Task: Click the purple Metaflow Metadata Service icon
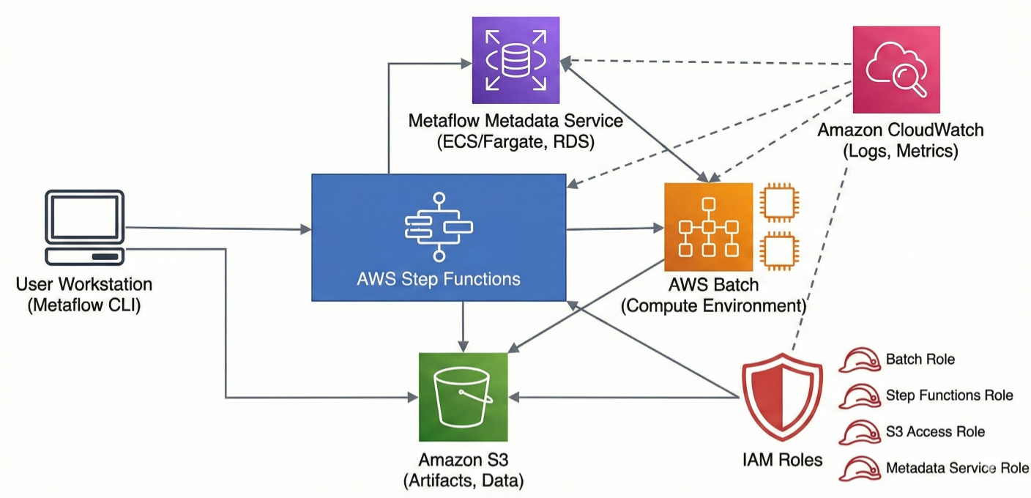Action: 516,60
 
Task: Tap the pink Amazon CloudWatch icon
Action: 896,70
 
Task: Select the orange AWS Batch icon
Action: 708,227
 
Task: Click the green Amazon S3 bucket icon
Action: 463,397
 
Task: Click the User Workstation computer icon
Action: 84,228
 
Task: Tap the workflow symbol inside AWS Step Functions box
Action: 439,227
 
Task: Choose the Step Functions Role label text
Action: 949,395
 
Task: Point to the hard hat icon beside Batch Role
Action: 859,360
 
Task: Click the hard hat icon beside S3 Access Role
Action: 859,432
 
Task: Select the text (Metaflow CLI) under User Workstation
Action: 84,305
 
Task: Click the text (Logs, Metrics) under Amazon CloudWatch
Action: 900,152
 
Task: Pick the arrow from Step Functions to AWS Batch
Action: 615,229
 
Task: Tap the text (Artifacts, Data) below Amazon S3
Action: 463,481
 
